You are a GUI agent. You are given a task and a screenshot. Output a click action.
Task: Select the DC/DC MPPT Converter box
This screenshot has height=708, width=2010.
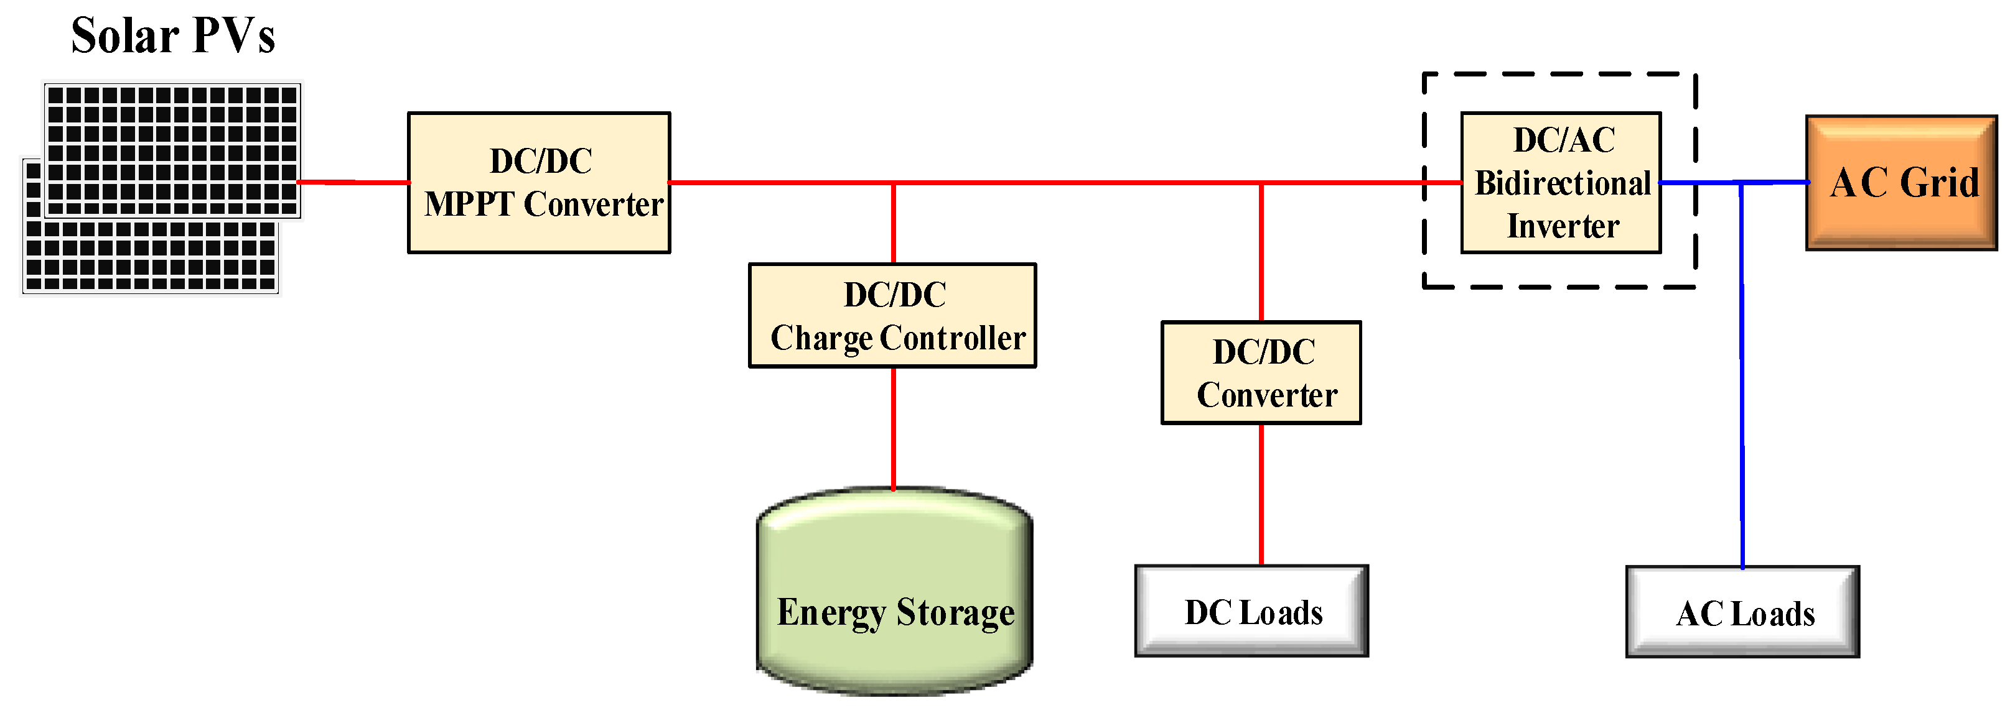(x=538, y=183)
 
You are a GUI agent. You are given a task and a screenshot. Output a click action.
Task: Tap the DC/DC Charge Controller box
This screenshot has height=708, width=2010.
(x=892, y=315)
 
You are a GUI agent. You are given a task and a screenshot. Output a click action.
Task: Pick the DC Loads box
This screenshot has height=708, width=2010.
(x=1251, y=611)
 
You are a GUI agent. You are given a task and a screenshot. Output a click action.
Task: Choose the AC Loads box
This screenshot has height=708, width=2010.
(x=1742, y=612)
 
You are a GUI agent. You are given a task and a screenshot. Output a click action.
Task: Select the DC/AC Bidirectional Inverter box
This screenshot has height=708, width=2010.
(x=1560, y=183)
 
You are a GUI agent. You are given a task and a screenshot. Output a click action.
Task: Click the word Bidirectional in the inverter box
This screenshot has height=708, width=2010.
(x=1562, y=183)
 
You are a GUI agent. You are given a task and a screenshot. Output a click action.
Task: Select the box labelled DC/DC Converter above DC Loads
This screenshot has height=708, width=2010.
(x=1261, y=373)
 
